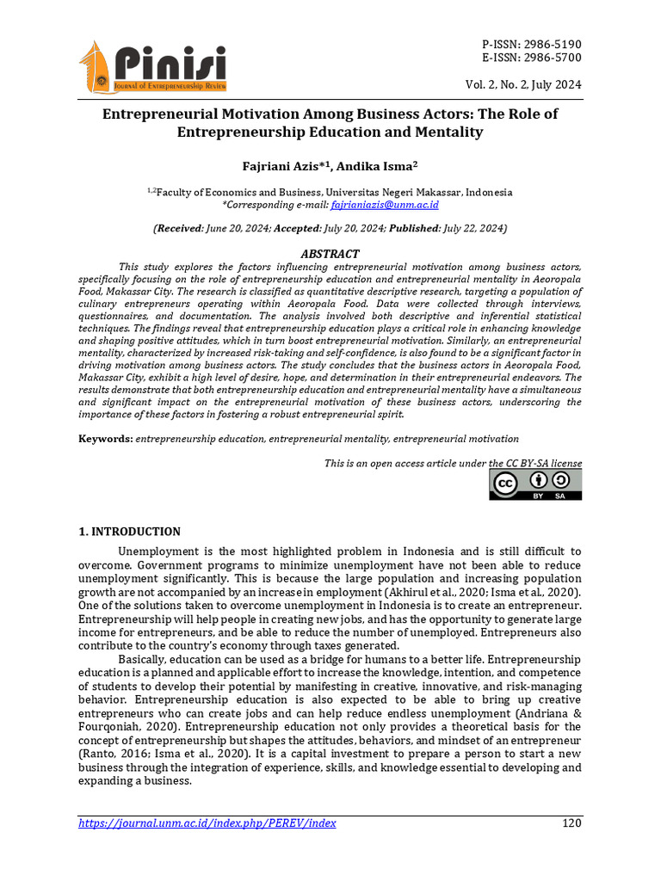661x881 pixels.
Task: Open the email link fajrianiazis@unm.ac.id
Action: tap(385, 205)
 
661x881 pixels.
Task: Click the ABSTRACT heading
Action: tap(330, 254)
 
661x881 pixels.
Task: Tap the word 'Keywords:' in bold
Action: tap(106, 439)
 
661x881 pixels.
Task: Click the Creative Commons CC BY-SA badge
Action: tap(535, 485)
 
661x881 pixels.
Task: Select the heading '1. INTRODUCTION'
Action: tap(130, 532)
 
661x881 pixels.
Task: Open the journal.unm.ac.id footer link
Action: tap(207, 823)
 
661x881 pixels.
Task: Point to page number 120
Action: tap(571, 823)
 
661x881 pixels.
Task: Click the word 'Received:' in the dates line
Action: tap(179, 229)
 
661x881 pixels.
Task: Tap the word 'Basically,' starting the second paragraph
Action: tap(145, 659)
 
